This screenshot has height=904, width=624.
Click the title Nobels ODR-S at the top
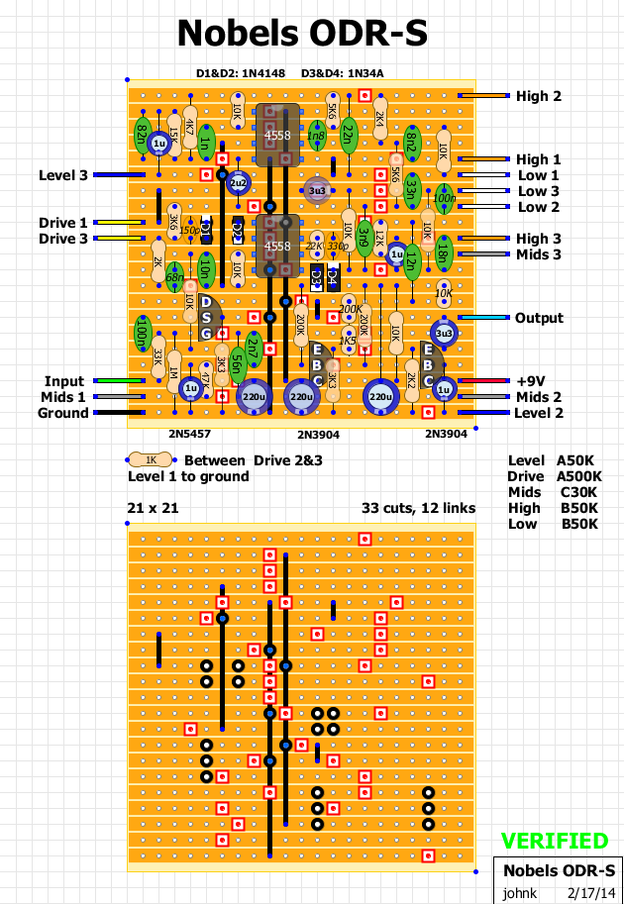(x=302, y=35)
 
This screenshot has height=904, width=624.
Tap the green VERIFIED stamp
(x=554, y=842)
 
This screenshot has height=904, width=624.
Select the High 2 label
(x=538, y=96)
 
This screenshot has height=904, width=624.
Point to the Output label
(x=539, y=318)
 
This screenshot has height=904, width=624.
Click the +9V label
(x=532, y=381)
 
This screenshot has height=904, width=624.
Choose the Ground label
(x=62, y=413)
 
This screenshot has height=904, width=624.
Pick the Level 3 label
(x=63, y=175)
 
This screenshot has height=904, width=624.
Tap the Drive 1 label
(x=63, y=223)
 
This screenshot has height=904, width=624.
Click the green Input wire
(x=118, y=381)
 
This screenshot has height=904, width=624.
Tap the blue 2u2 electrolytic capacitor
(x=238, y=183)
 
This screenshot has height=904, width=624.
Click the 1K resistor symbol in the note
(x=151, y=460)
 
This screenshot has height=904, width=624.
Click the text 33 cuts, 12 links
(x=419, y=508)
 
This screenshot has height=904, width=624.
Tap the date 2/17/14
(x=590, y=891)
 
